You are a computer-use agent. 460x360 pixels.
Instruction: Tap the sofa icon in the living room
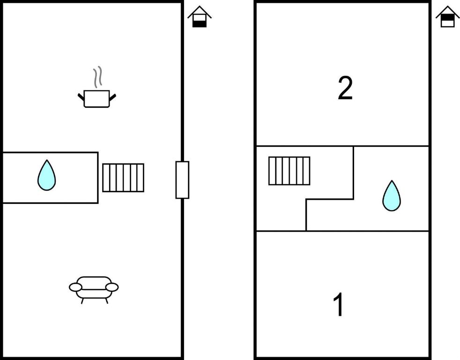pos(94,290)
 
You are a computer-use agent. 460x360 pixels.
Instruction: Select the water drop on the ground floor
pos(47,175)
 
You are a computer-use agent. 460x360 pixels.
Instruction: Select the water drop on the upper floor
pos(392,195)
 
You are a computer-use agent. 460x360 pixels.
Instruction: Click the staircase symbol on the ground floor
pos(123,178)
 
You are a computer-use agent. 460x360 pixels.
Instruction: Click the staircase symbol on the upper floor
pos(289,171)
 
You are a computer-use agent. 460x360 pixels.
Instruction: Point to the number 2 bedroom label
pos(345,88)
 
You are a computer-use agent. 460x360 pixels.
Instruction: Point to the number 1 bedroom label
pos(339,305)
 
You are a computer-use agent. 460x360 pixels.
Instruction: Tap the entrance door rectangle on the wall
pos(182,180)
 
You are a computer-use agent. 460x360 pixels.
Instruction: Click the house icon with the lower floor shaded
pos(200,17)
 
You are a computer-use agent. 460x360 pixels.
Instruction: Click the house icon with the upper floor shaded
pos(448,17)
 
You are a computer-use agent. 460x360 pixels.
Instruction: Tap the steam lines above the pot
pos(98,77)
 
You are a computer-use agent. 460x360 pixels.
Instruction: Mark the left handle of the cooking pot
pos(81,97)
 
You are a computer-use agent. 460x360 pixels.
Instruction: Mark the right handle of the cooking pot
pos(112,97)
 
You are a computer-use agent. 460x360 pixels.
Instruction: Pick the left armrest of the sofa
pos(76,287)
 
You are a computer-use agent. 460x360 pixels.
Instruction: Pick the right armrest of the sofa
pos(112,287)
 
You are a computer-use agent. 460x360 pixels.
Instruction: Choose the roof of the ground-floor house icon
pos(200,12)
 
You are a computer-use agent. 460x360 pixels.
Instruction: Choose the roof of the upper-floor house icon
pos(448,12)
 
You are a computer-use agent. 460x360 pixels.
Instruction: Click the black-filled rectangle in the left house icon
pos(200,24)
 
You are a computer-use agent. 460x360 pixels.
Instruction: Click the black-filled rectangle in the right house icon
pos(448,18)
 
